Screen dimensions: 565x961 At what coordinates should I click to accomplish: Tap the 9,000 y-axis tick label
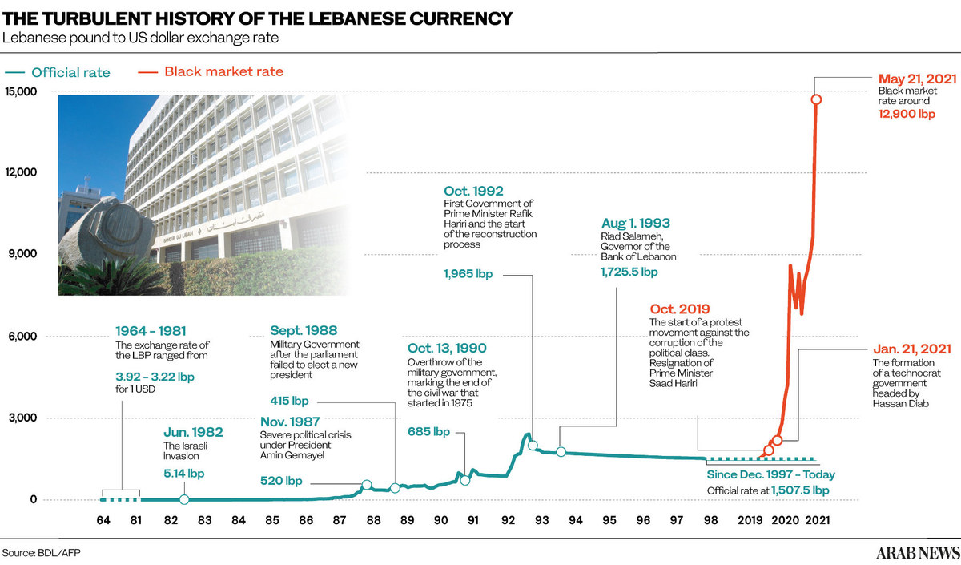coord(23,254)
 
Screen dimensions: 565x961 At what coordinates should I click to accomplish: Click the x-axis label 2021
coord(817,520)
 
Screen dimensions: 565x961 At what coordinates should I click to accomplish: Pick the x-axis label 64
coord(103,520)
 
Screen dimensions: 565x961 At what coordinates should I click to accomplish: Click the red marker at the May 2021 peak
coord(815,99)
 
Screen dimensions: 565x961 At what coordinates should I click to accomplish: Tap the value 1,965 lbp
coord(468,274)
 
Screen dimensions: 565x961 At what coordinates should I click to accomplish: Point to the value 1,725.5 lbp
coord(629,272)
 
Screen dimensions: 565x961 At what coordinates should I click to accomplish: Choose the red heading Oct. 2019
coord(679,309)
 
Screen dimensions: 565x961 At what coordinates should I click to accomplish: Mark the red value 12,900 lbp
coord(907,115)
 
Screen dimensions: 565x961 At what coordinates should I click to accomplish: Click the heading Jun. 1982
coord(193,432)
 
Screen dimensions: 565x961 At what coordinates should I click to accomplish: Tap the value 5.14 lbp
coord(183,474)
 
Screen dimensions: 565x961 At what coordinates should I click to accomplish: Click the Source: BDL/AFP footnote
coord(41,552)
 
